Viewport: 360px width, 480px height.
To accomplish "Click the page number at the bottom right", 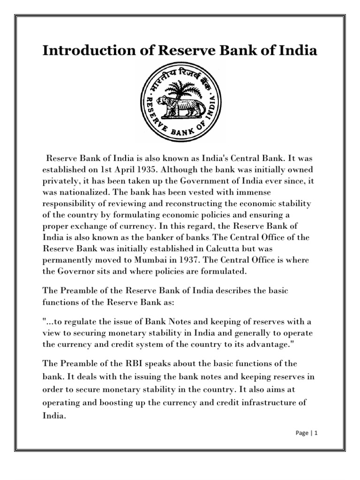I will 316,434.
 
